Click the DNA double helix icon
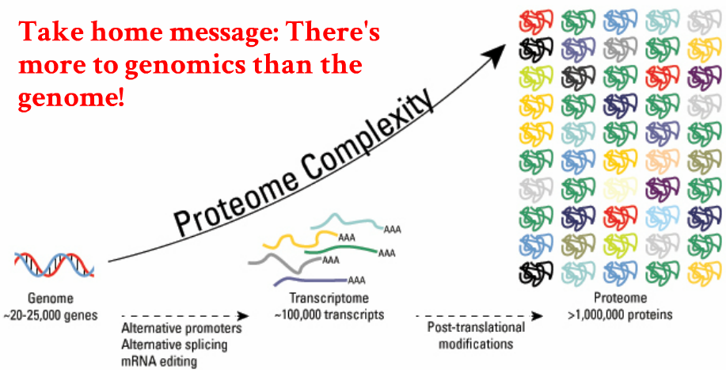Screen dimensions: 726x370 click(53, 263)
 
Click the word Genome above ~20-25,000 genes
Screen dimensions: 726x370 click(51, 299)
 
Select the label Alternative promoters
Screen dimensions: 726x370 click(181, 328)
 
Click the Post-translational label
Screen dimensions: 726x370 click(474, 328)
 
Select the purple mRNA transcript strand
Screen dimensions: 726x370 click(309, 280)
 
